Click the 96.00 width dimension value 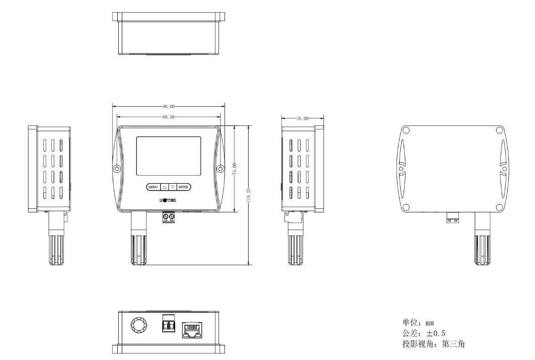169,107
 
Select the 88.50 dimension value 169,117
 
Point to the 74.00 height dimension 235,169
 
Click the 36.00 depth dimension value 302,118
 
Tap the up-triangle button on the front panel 164,187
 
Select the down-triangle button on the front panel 173,187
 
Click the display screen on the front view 169,156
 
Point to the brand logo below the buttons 168,200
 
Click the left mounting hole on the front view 117,168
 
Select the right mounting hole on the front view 220,168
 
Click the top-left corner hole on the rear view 406,130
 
